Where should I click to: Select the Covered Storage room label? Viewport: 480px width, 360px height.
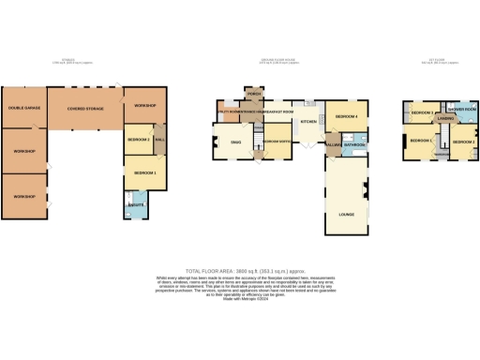tap(84, 109)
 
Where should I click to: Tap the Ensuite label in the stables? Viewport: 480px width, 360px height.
tap(132, 202)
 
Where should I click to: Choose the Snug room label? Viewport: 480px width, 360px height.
tap(236, 142)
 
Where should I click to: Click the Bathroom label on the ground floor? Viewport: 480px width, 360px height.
tap(353, 145)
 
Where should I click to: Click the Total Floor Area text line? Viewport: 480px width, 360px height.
tap(239, 269)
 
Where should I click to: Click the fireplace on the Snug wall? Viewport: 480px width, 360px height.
tap(214, 142)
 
